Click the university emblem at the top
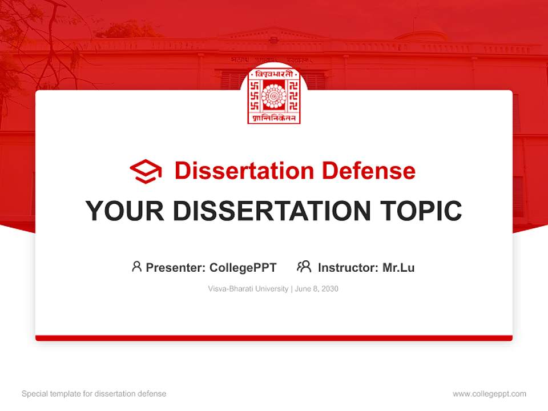[x=273, y=95]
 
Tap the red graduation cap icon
[x=146, y=171]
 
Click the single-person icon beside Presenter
[x=136, y=267]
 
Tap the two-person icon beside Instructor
[x=304, y=267]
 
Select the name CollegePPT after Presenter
[x=243, y=267]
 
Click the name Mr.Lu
[x=398, y=267]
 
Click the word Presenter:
[x=176, y=267]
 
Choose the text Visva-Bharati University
[x=248, y=289]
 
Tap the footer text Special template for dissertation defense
[x=94, y=394]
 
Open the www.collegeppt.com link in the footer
[x=489, y=394]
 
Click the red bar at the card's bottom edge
[x=273, y=338]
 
